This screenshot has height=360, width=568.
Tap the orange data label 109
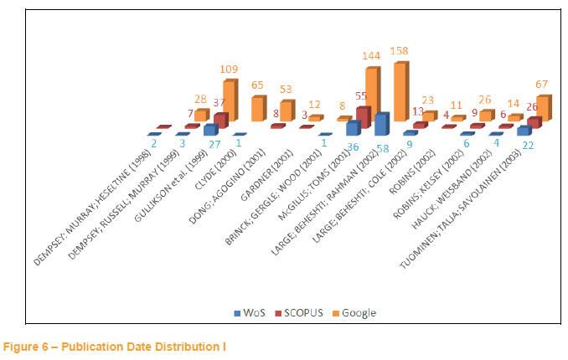(x=230, y=68)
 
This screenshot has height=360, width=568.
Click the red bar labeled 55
(x=362, y=121)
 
